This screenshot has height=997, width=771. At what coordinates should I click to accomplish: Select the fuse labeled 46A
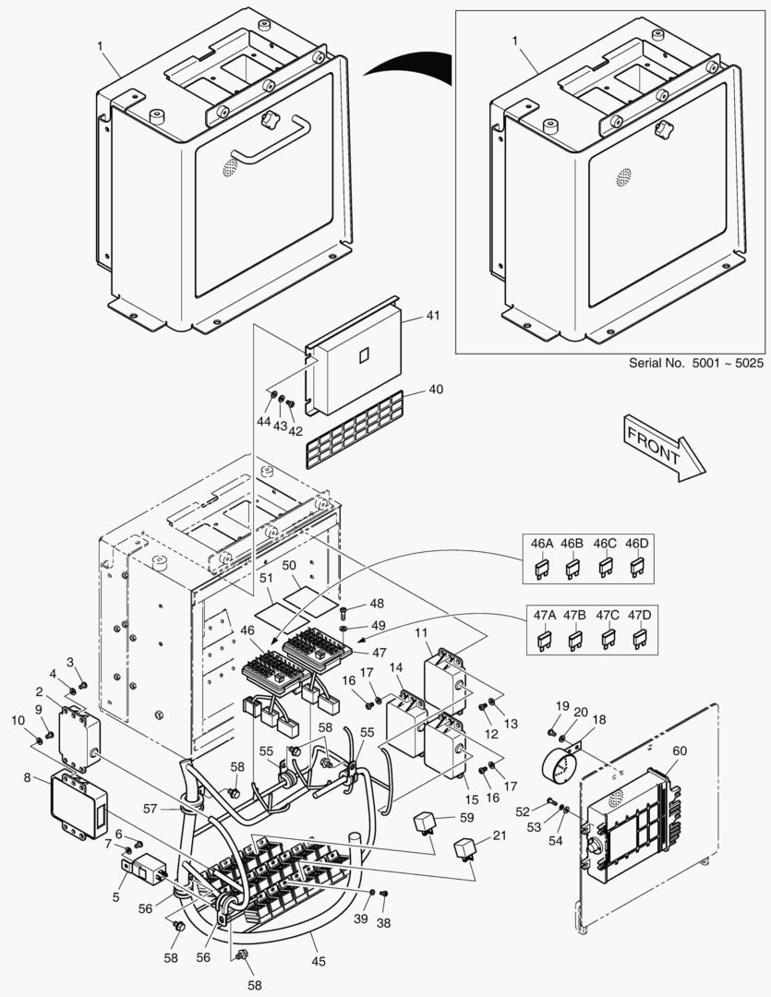(x=541, y=570)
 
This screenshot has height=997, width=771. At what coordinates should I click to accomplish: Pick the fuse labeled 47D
(x=637, y=638)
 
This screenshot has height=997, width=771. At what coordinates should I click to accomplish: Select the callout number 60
(x=679, y=751)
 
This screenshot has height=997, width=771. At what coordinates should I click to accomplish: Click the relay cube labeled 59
(x=428, y=821)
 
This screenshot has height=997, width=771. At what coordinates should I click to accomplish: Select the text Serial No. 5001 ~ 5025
(x=696, y=364)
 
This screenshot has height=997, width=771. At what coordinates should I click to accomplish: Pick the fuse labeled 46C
(x=605, y=570)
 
